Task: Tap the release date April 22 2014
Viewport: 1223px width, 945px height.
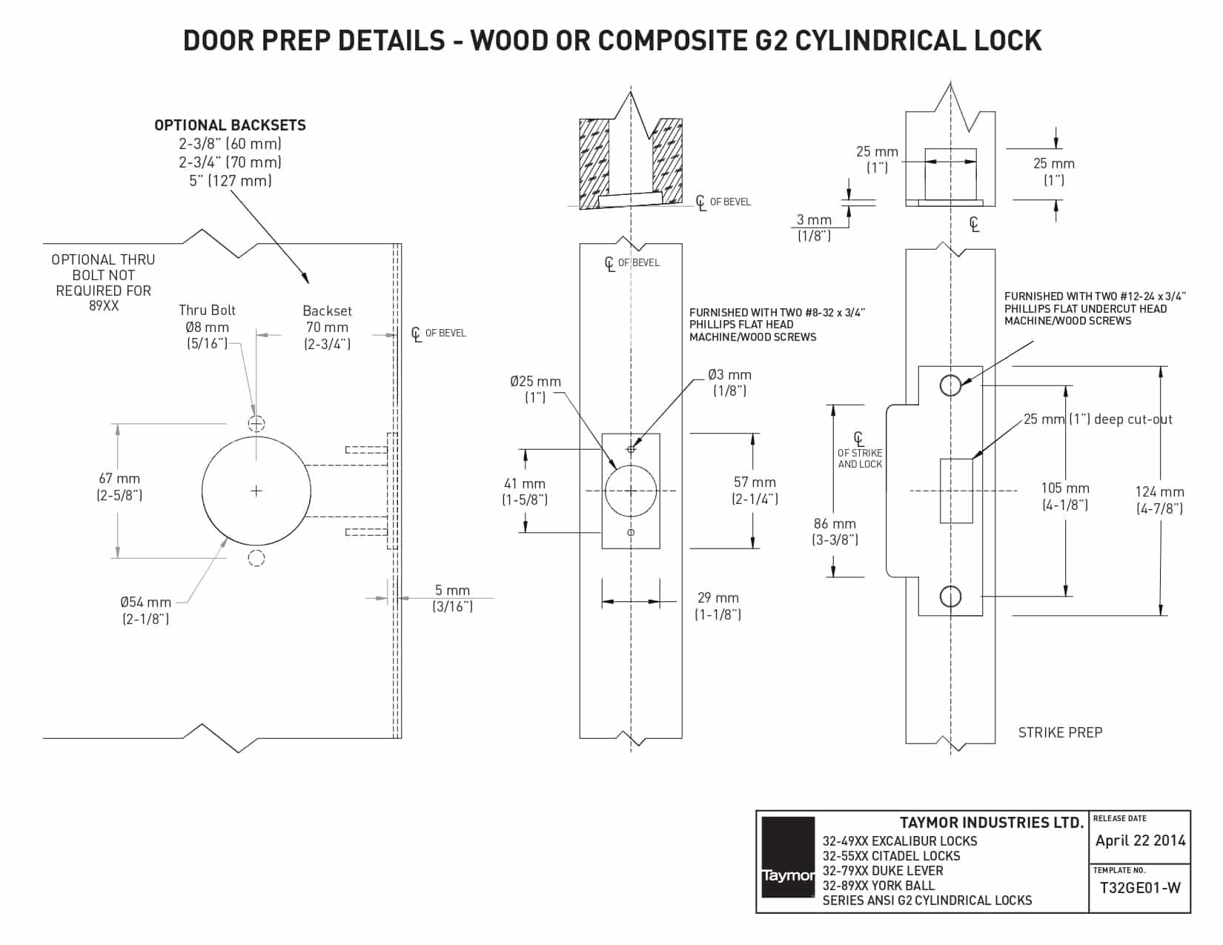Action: [x=1140, y=840]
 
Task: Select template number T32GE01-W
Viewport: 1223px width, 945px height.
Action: [x=1140, y=887]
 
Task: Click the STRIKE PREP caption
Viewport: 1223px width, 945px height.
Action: [x=1060, y=732]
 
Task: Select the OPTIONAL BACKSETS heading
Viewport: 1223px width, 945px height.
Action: [x=230, y=125]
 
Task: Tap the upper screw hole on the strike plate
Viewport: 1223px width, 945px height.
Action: [x=950, y=385]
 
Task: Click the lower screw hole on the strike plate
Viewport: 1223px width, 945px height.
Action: [x=950, y=596]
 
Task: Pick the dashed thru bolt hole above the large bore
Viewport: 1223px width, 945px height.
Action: [x=256, y=423]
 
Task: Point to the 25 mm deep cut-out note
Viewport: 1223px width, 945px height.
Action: [x=1098, y=420]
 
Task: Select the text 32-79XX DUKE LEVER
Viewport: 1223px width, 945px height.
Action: [x=883, y=871]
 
